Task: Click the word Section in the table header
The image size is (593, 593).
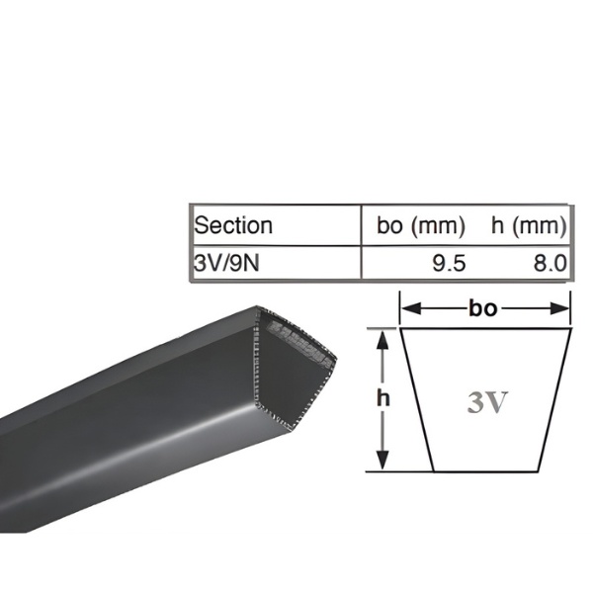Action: (233, 225)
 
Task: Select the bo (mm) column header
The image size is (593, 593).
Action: (421, 225)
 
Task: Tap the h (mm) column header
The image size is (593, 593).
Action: (529, 225)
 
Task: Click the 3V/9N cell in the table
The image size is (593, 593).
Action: (226, 263)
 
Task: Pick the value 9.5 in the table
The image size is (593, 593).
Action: (450, 263)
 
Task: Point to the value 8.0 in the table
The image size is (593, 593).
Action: (551, 263)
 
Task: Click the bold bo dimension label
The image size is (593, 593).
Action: (483, 308)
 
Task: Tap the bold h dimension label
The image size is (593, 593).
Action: (383, 398)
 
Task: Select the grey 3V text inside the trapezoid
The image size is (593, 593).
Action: (486, 402)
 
